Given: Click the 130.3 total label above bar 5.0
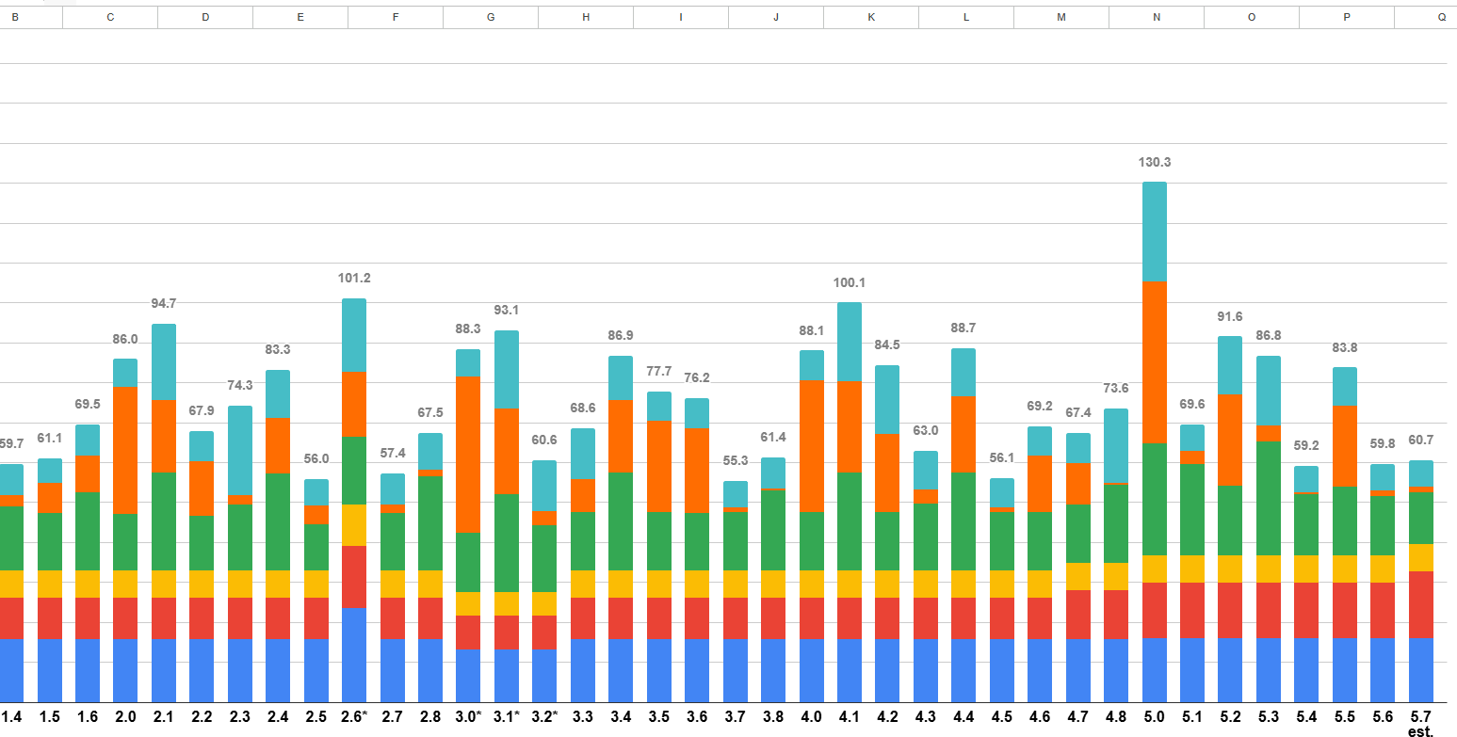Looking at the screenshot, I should tap(1155, 163).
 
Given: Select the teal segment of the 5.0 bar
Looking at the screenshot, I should tap(1155, 232).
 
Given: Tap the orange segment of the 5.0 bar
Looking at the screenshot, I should tap(1155, 362).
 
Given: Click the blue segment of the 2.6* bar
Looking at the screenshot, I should tap(354, 654).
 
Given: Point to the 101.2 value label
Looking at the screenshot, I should tap(354, 279).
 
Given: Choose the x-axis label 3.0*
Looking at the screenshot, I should tap(468, 717).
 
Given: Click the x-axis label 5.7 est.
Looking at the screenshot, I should tap(1420, 723).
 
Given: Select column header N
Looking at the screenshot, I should tap(1156, 18).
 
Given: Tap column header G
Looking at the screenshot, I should tap(490, 18).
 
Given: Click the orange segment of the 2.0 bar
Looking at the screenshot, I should tap(125, 450).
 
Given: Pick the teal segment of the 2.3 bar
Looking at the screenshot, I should tap(240, 450).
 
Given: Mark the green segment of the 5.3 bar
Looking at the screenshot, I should tap(1269, 498).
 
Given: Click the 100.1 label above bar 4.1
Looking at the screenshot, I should tap(850, 282).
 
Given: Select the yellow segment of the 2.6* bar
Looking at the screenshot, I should tap(354, 524).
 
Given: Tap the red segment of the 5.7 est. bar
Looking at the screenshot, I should tap(1420, 604).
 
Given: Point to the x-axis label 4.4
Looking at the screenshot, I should tap(963, 717).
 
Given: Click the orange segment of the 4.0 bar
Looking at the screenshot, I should tap(812, 445).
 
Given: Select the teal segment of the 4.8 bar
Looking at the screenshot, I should tap(1116, 445).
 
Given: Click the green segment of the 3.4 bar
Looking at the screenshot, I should tap(621, 521).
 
